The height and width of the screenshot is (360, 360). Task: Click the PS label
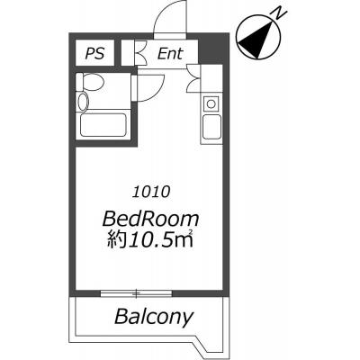pyautogui.click(x=94, y=53)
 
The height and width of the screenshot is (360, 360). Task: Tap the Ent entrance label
pyautogui.click(x=170, y=54)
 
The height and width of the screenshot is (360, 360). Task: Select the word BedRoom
pyautogui.click(x=150, y=219)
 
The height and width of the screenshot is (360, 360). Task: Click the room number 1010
pyautogui.click(x=151, y=192)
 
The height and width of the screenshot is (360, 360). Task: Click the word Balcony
pyautogui.click(x=154, y=317)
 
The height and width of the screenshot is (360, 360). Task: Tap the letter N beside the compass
pyautogui.click(x=278, y=13)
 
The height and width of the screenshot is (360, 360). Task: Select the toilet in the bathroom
pyautogui.click(x=90, y=82)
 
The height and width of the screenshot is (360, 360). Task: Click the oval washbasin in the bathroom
pyautogui.click(x=83, y=101)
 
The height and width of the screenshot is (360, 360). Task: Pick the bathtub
pyautogui.click(x=103, y=125)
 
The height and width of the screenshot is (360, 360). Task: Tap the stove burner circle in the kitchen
pyautogui.click(x=211, y=104)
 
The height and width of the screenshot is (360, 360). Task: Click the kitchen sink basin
pyautogui.click(x=211, y=127)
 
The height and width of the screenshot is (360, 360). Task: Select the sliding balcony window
pyautogui.click(x=136, y=293)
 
